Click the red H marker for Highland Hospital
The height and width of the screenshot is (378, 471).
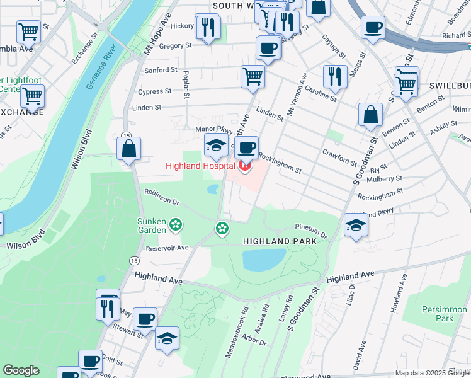(244, 167)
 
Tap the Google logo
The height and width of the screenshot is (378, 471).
(21, 370)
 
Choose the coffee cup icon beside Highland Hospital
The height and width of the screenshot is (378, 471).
(247, 148)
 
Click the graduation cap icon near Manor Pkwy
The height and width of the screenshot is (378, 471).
(216, 145)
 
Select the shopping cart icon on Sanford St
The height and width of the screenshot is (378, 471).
(253, 76)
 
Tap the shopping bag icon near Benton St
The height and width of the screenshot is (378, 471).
(370, 115)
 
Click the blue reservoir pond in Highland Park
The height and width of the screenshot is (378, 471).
(263, 259)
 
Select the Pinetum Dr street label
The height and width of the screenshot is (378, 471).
(311, 231)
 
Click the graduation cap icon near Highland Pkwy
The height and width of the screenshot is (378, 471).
(356, 225)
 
